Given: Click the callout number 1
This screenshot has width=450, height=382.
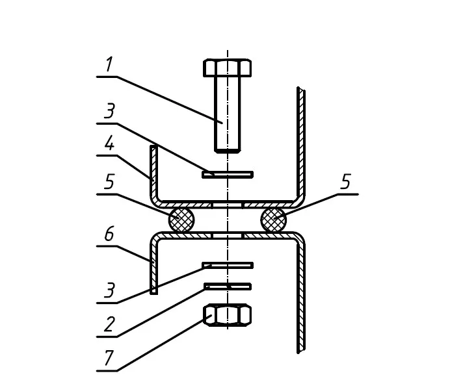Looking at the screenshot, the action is click(x=109, y=64).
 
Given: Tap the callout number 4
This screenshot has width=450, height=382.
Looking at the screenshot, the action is click(x=109, y=143).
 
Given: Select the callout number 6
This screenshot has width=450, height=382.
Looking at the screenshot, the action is click(x=109, y=233).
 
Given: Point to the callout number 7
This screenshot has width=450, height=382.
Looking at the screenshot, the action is click(x=109, y=357).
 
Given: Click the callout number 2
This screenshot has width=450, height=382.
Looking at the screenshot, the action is click(x=109, y=324).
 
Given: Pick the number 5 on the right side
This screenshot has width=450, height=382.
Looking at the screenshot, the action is click(x=345, y=181).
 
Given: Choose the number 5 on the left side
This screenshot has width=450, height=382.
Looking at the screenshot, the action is click(x=109, y=181).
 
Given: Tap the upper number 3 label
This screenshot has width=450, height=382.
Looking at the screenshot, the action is click(x=109, y=110).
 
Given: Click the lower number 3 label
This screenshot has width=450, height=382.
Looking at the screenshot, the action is click(x=109, y=290).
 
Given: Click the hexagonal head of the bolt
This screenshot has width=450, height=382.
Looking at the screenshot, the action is click(x=228, y=68).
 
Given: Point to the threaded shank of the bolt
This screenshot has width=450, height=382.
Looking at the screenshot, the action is click(x=228, y=114).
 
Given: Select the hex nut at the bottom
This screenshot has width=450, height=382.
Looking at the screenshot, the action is click(x=228, y=315).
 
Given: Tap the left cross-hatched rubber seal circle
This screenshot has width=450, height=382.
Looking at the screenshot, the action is click(x=181, y=220).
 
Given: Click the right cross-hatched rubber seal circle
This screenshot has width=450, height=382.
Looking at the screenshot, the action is click(x=274, y=220).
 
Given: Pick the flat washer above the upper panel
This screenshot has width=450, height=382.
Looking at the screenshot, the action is click(x=228, y=175).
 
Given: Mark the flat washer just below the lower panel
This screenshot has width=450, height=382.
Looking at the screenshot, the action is click(x=228, y=265).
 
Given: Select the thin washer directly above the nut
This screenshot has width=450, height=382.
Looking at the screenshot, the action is click(x=228, y=286).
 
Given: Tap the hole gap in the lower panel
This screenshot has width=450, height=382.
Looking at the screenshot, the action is click(x=228, y=235).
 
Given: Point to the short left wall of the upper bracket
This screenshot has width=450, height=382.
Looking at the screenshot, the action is click(x=154, y=172).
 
